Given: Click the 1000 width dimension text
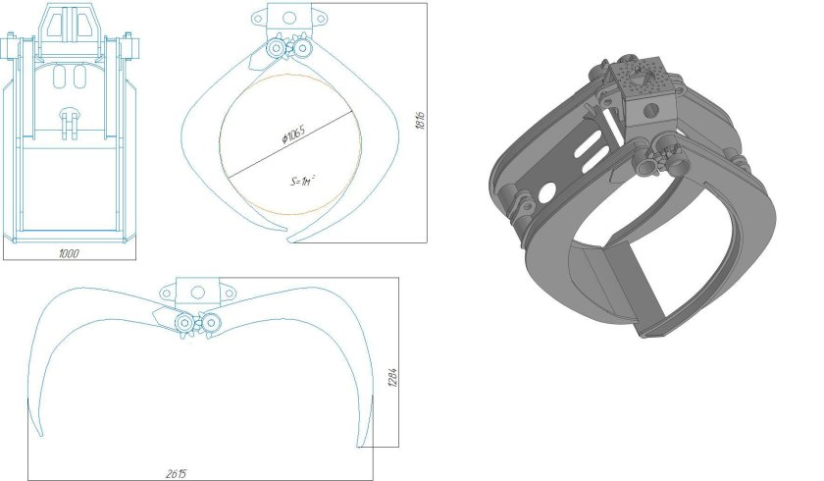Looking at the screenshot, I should pyautogui.click(x=68, y=253).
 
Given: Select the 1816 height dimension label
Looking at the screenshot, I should pyautogui.click(x=419, y=122).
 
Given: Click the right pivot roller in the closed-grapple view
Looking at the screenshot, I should pyautogui.click(x=303, y=49).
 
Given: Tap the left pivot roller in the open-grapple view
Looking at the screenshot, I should pyautogui.click(x=183, y=322).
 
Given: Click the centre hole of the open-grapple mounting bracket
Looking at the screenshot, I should pyautogui.click(x=197, y=292).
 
